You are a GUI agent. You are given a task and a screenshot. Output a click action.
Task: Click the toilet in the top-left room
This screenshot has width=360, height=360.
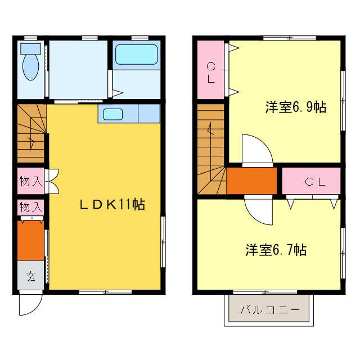[x=30, y=64]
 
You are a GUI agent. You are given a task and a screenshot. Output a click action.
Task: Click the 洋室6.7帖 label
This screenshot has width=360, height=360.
[x=276, y=250]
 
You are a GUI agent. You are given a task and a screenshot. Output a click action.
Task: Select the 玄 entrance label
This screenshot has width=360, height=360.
[x=30, y=276]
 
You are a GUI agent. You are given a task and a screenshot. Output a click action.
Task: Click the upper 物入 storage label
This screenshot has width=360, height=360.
[x=30, y=181]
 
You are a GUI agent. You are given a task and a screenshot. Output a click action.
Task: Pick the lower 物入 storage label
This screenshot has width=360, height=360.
[x=30, y=207]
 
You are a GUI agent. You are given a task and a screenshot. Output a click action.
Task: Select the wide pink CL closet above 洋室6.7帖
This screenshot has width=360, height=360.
[x=311, y=181]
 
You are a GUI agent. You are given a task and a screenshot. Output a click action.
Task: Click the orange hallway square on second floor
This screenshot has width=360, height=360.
[x=251, y=181]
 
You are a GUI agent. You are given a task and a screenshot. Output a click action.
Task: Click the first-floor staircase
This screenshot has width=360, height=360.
[x=30, y=133]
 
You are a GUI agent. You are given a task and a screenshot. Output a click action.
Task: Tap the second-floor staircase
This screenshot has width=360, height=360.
[x=211, y=149]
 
